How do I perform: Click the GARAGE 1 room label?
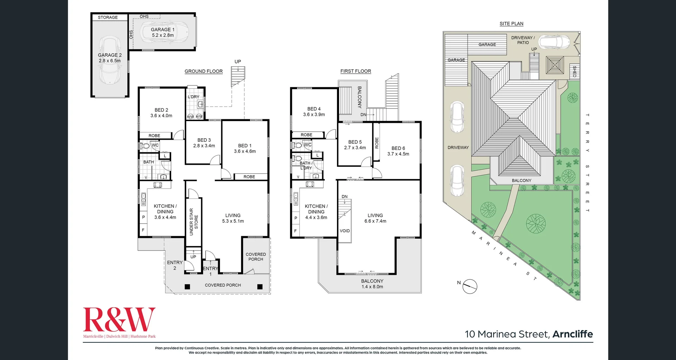[163, 30]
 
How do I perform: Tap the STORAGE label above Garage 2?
[108, 17]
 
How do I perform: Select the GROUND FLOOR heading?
[204, 71]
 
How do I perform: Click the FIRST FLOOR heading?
[356, 71]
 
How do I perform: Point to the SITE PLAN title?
[511, 24]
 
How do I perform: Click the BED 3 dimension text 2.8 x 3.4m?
[204, 146]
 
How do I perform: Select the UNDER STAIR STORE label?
[194, 222]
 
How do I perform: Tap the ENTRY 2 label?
[175, 265]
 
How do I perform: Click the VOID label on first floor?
[345, 231]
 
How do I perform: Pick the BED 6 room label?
[398, 148]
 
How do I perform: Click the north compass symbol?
[470, 286]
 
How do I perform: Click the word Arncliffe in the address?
[572, 334]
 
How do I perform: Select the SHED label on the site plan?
[574, 72]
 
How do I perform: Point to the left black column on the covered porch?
[187, 287]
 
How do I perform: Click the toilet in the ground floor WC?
[145, 146]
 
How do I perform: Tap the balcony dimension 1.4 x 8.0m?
[372, 287]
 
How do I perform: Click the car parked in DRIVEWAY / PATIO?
[554, 42]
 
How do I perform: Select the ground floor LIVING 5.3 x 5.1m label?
[233, 218]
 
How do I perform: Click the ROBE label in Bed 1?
[249, 177]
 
